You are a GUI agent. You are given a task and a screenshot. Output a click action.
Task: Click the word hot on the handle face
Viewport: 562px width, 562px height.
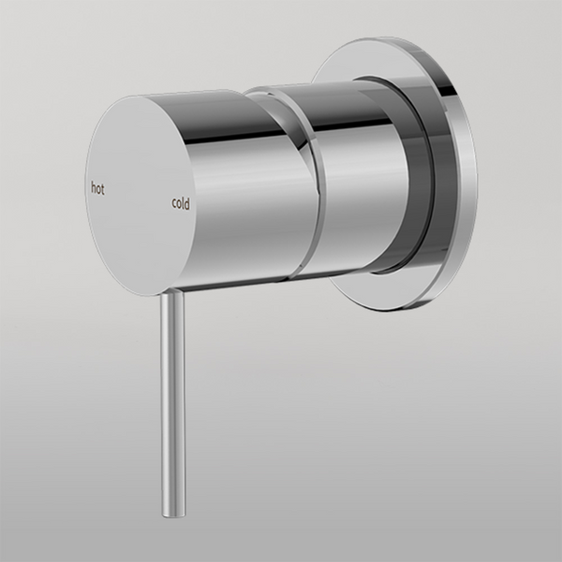[x=97, y=188]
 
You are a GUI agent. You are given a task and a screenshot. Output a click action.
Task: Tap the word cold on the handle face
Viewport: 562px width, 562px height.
[x=180, y=202]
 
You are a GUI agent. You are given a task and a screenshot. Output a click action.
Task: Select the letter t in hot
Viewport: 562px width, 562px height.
[x=103, y=188]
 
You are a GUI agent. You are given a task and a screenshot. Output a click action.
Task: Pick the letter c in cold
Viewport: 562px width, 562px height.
[x=173, y=203]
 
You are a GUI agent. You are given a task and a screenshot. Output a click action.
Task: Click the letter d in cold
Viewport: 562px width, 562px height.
[x=186, y=202]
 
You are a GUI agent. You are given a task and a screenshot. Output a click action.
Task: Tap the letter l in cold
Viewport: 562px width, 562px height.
[x=183, y=202]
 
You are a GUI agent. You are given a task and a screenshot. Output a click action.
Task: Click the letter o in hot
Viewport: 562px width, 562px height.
[x=98, y=188]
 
